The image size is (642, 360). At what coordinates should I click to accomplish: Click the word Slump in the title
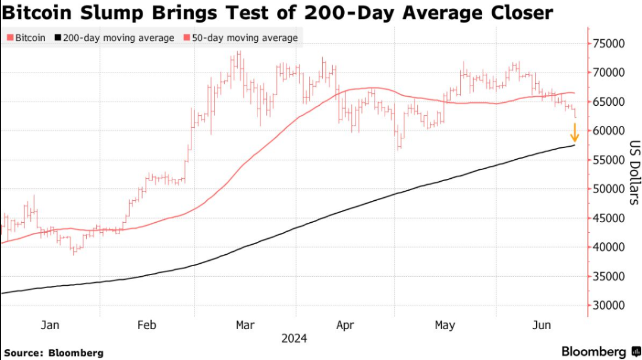tap(117, 12)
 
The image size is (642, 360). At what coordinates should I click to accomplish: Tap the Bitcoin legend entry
tap(26, 38)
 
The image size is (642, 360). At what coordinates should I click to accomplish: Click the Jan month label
tap(49, 325)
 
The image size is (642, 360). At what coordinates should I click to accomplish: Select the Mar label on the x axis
tap(245, 325)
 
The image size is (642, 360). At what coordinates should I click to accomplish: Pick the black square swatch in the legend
tap(57, 38)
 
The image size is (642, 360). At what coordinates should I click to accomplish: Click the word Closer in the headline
tap(517, 12)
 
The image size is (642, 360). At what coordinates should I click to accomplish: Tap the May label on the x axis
tap(445, 325)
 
